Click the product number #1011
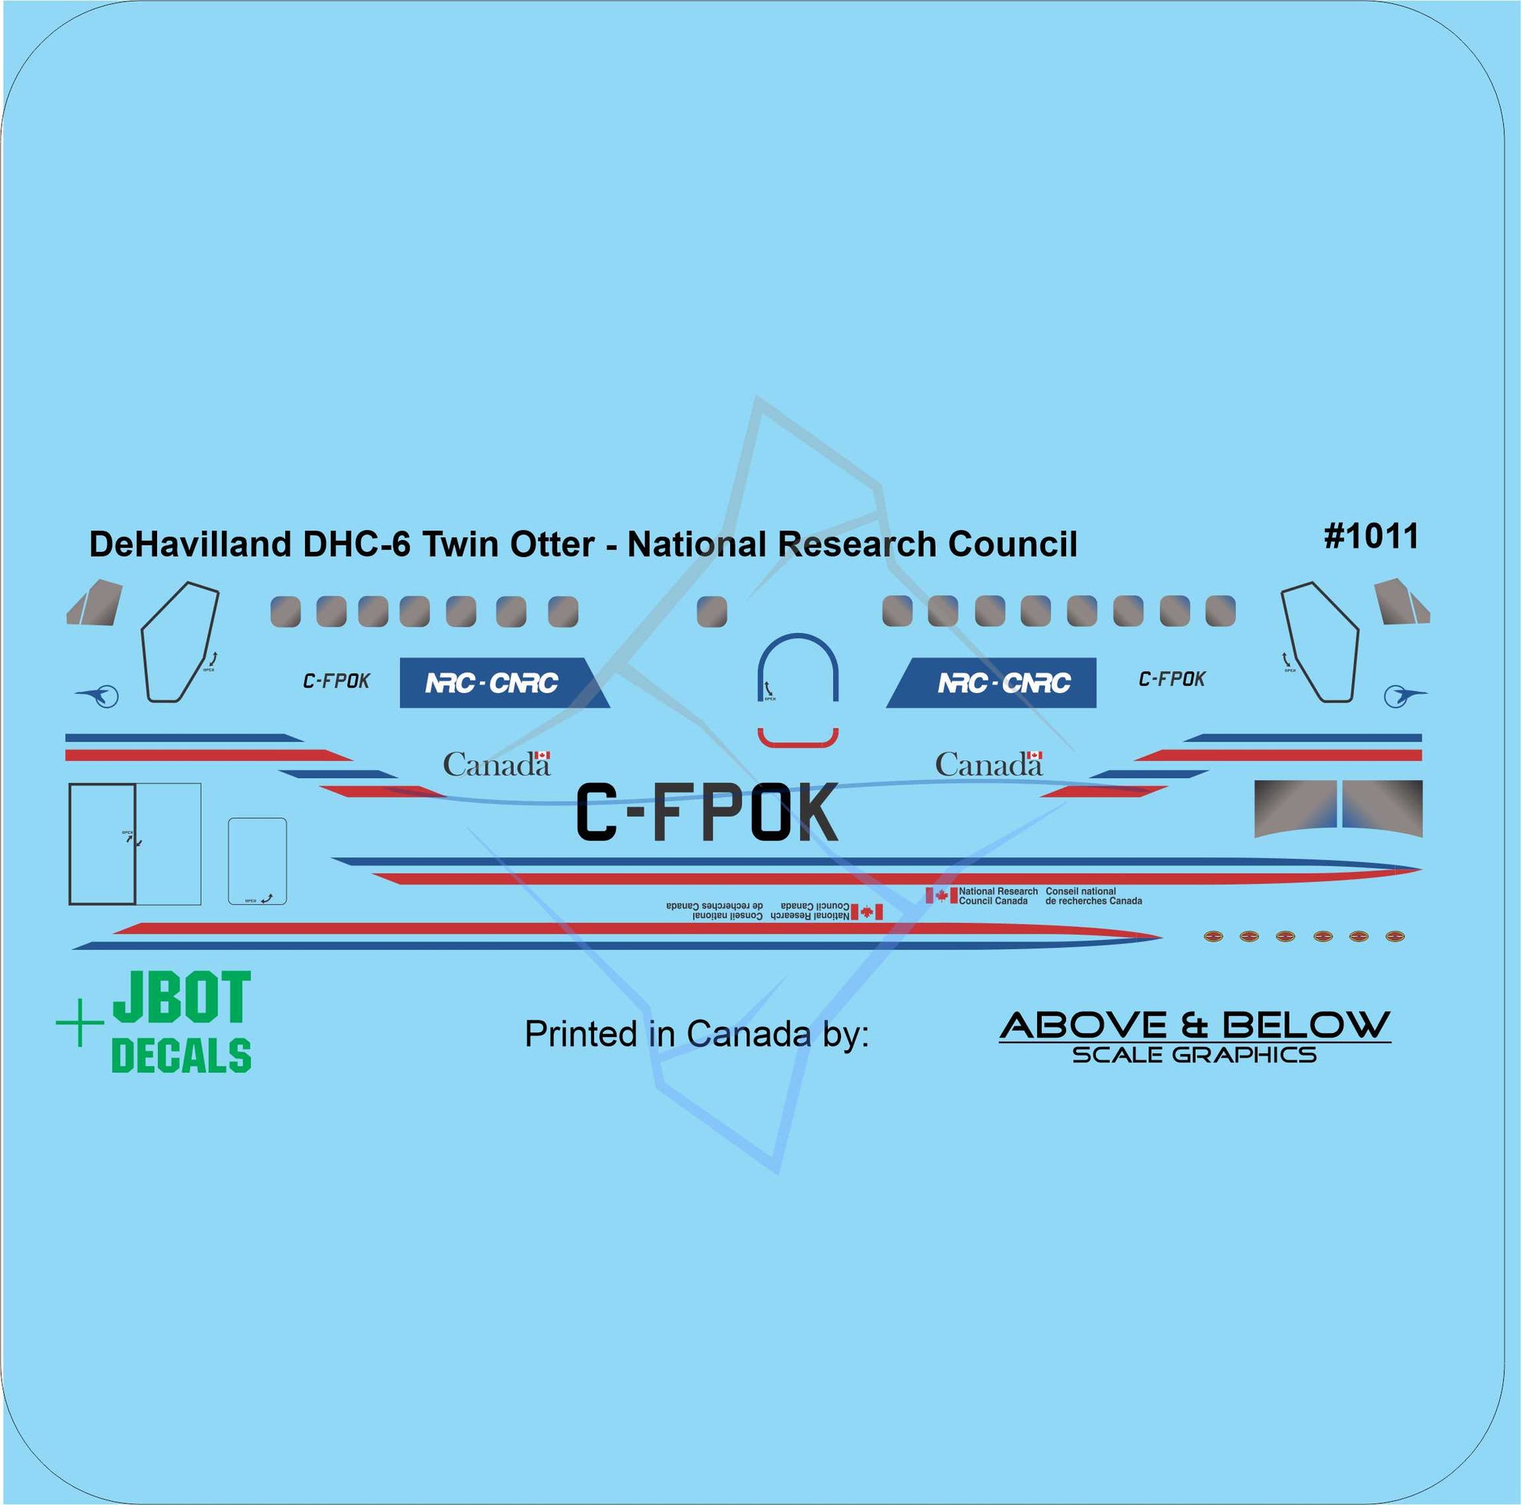tap(1372, 537)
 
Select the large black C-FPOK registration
tap(707, 813)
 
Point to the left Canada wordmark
tap(496, 764)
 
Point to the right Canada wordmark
tap(988, 764)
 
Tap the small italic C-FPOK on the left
tap(336, 681)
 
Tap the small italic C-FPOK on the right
tap(1172, 678)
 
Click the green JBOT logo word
tap(182, 998)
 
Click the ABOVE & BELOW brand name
tap(1194, 1025)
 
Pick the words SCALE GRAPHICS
tap(1194, 1055)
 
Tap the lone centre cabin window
tap(712, 612)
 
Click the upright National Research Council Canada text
tap(997, 895)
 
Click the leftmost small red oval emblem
tap(1213, 936)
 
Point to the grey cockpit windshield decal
tap(1337, 808)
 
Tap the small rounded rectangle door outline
tap(257, 861)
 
